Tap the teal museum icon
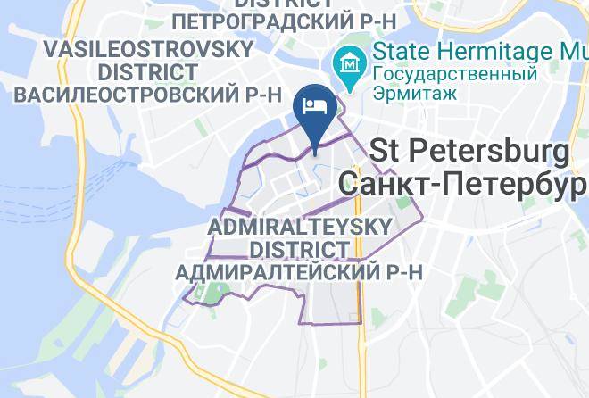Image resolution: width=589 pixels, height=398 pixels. click(347, 64)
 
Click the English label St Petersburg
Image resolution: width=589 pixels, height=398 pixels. click(469, 152)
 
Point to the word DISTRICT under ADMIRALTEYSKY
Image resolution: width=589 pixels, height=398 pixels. click(298, 248)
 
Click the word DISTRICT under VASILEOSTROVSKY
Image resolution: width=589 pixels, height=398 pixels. click(148, 70)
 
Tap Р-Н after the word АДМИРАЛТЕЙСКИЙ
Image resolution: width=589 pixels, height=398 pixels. click(401, 270)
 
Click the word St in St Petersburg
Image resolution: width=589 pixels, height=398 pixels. click(386, 152)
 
